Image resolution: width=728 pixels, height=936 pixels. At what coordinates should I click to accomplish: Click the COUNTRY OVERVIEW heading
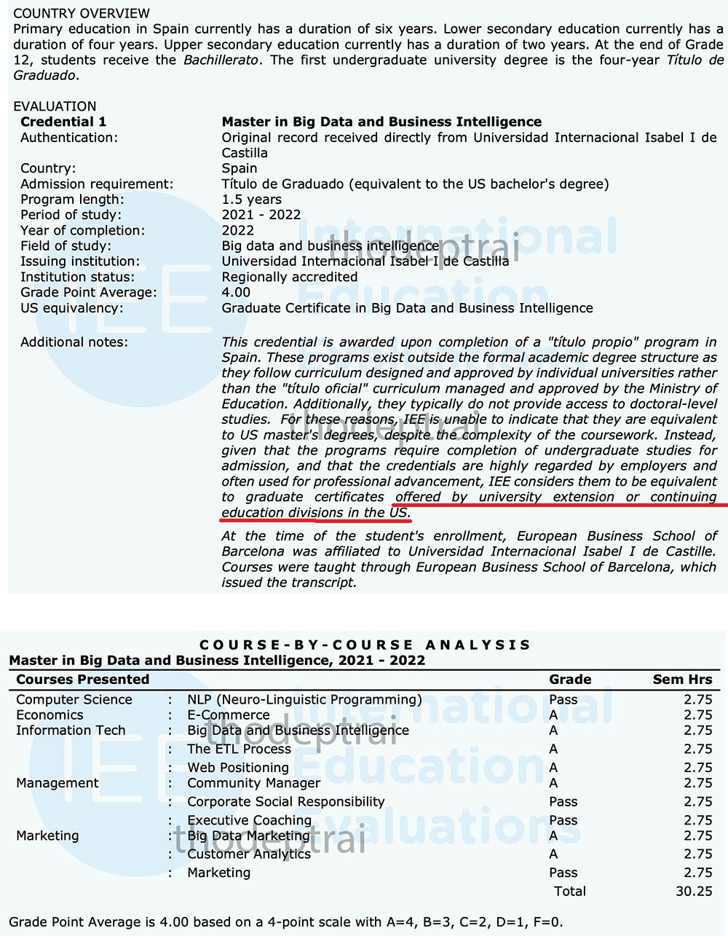point(82,13)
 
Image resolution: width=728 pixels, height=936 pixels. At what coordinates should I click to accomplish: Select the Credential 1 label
point(63,122)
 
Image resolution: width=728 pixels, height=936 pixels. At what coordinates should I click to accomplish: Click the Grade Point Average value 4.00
point(236,292)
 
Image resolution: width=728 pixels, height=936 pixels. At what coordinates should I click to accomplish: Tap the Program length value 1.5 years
point(251,199)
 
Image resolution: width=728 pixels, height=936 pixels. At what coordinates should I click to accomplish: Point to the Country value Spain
point(240,168)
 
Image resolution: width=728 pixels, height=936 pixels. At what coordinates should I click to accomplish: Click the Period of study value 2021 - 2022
point(261,215)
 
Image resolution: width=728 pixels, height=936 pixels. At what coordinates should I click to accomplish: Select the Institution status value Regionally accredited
point(290,277)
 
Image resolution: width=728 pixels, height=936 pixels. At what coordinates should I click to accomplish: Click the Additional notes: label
point(74,342)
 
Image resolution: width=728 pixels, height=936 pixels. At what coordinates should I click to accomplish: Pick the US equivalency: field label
point(72,307)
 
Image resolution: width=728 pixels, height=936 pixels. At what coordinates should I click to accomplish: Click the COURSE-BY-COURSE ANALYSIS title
point(365,645)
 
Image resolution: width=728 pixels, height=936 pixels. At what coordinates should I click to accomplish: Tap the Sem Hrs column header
point(682,679)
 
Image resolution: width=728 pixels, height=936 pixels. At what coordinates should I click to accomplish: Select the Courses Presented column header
point(83,679)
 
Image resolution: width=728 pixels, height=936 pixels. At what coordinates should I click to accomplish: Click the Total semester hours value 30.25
point(694,891)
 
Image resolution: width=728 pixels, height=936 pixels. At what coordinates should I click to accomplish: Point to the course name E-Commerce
point(229,715)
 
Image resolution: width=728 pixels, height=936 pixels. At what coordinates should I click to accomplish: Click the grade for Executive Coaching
point(563,820)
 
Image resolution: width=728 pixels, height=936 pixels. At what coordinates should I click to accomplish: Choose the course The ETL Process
point(239,749)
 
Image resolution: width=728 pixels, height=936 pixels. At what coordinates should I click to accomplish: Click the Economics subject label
point(50,715)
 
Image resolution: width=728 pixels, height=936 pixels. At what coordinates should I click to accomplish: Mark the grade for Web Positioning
point(553,767)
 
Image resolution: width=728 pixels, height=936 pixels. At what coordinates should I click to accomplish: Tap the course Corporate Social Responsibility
point(285,801)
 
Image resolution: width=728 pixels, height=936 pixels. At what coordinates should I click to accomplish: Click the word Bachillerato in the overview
point(221,60)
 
